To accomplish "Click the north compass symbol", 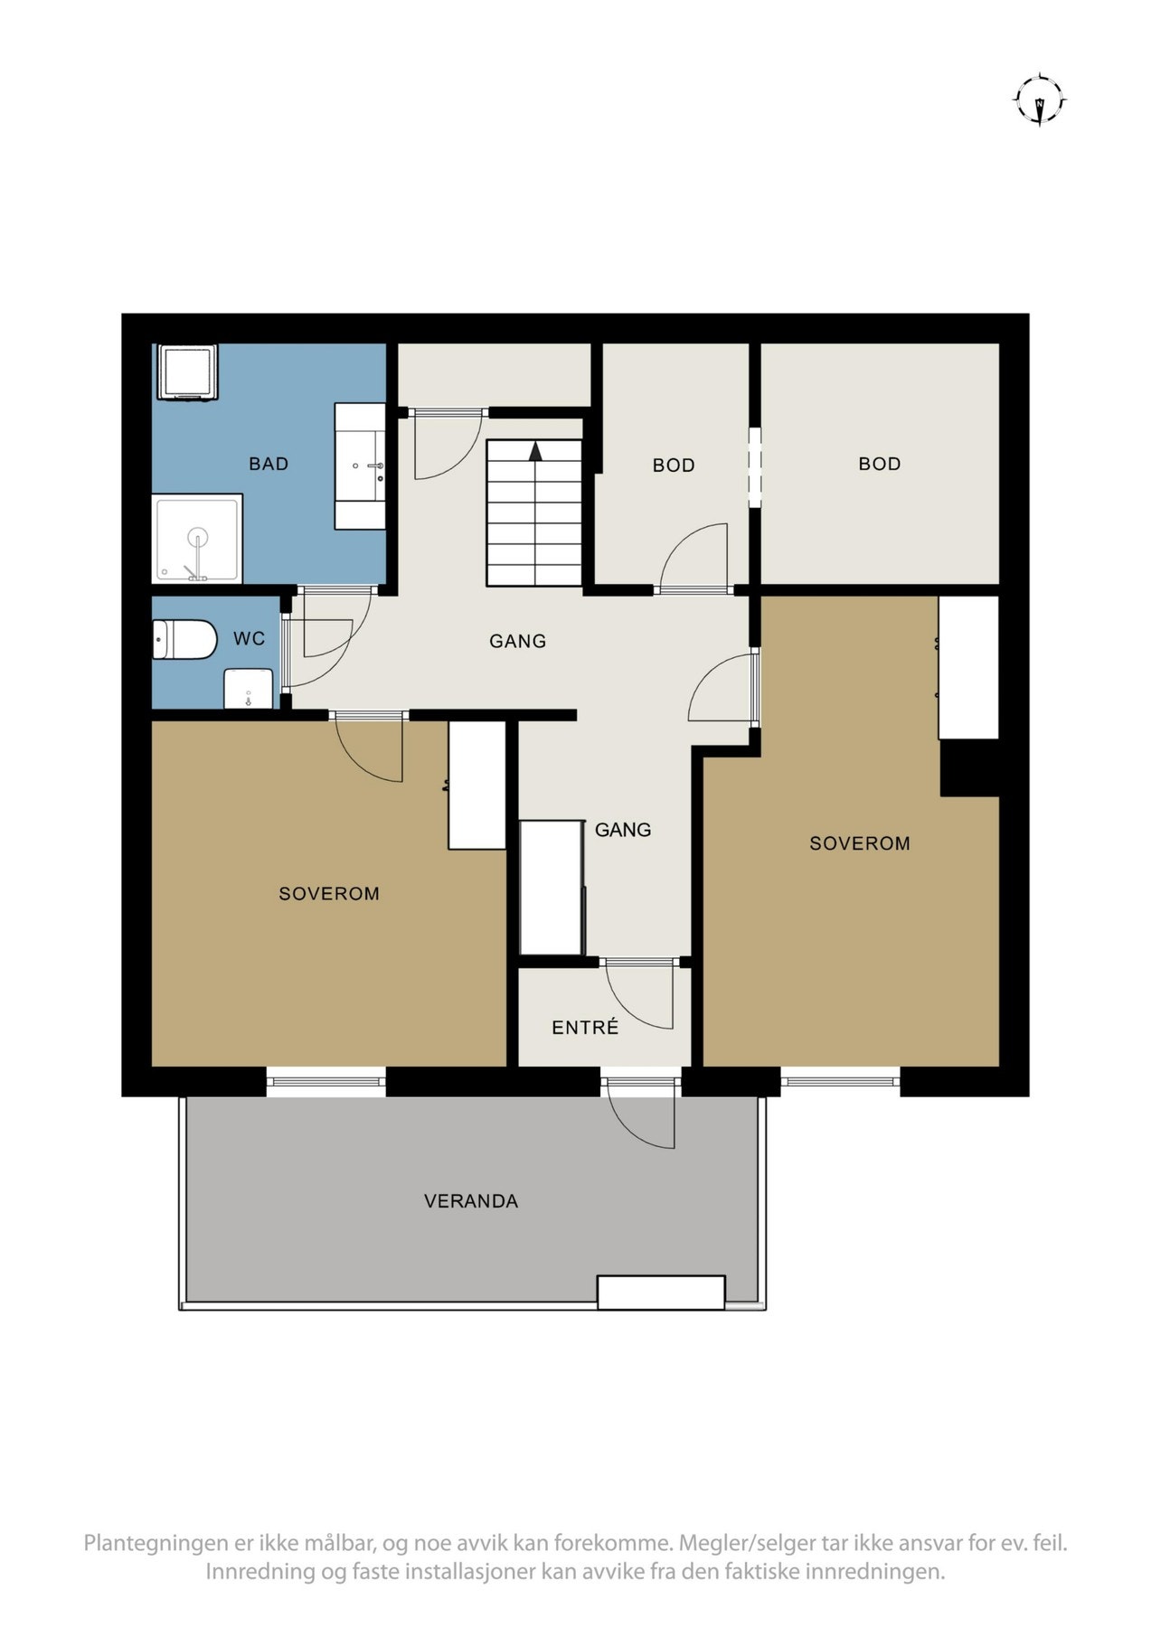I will point(1039,99).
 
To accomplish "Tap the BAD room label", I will point(269,464).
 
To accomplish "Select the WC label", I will point(250,639).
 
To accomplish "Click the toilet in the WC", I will point(184,639).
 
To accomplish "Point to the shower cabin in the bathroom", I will point(197,539).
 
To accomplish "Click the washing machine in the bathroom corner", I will point(187,371).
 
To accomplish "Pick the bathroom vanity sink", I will point(360,466).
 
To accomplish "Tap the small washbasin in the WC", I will point(248,689).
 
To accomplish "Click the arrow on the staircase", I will point(535,450).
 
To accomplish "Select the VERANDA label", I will point(471,1201).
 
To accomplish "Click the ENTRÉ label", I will point(585,1028).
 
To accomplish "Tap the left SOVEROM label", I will point(329,894).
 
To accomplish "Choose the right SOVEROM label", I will point(859,843).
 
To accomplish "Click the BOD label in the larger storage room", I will point(879,464).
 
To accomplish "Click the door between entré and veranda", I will point(641,1114).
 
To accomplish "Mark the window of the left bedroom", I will point(325,1081).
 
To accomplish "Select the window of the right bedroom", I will point(840,1081).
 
